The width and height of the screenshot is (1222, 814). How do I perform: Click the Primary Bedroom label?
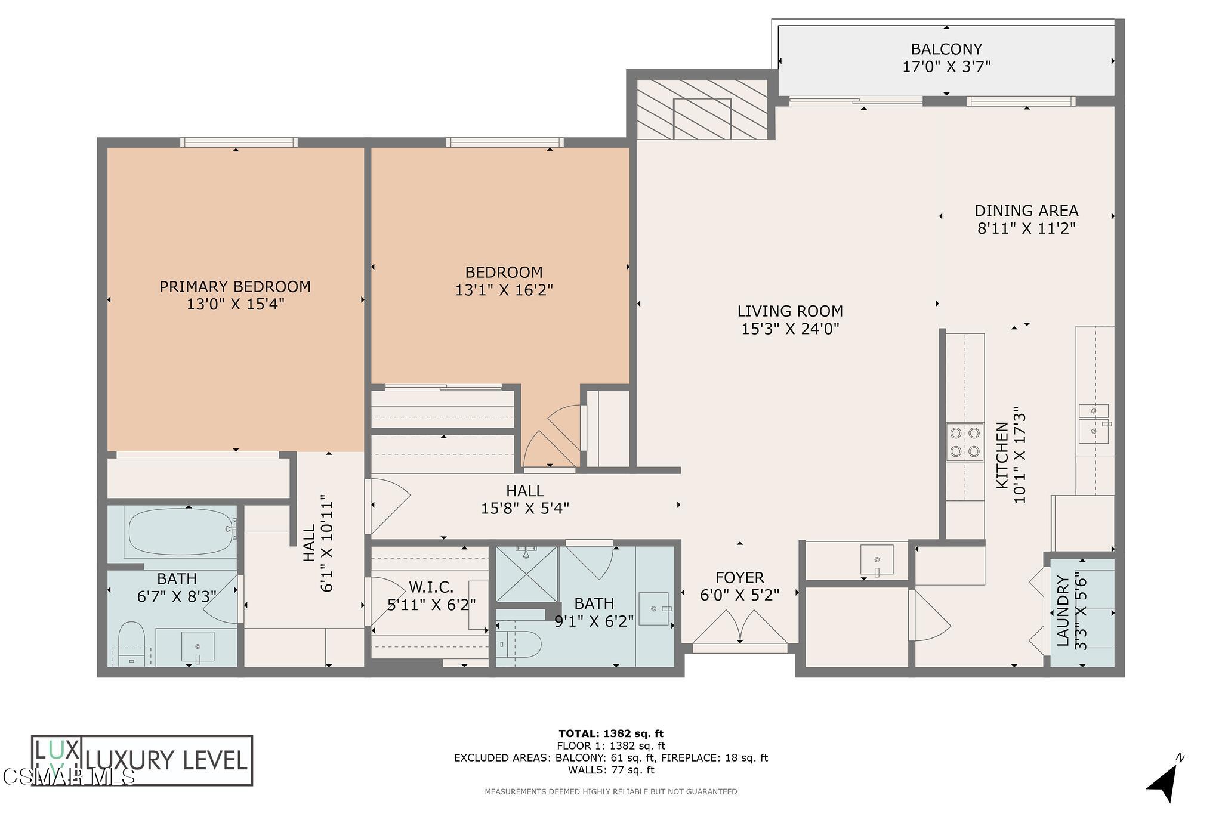pos(235,287)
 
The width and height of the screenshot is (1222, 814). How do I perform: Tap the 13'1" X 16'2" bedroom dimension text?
pos(504,290)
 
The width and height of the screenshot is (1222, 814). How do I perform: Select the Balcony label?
pos(946,49)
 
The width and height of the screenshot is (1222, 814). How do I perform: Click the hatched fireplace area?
pos(702,110)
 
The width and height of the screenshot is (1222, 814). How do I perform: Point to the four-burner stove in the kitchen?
pos(965,442)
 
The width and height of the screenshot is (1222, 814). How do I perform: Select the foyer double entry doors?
pos(740,632)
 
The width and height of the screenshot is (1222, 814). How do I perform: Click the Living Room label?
pos(790,311)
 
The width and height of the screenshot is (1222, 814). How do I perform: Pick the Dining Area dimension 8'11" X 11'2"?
pos(1026,228)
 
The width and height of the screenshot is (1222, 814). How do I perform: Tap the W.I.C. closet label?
pos(431,587)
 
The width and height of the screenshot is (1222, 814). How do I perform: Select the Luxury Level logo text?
pos(166,760)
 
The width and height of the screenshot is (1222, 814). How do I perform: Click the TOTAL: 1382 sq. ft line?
pos(610,733)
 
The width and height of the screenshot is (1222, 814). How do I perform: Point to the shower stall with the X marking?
pos(526,573)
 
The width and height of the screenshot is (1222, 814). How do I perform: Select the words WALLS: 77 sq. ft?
pos(610,770)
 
